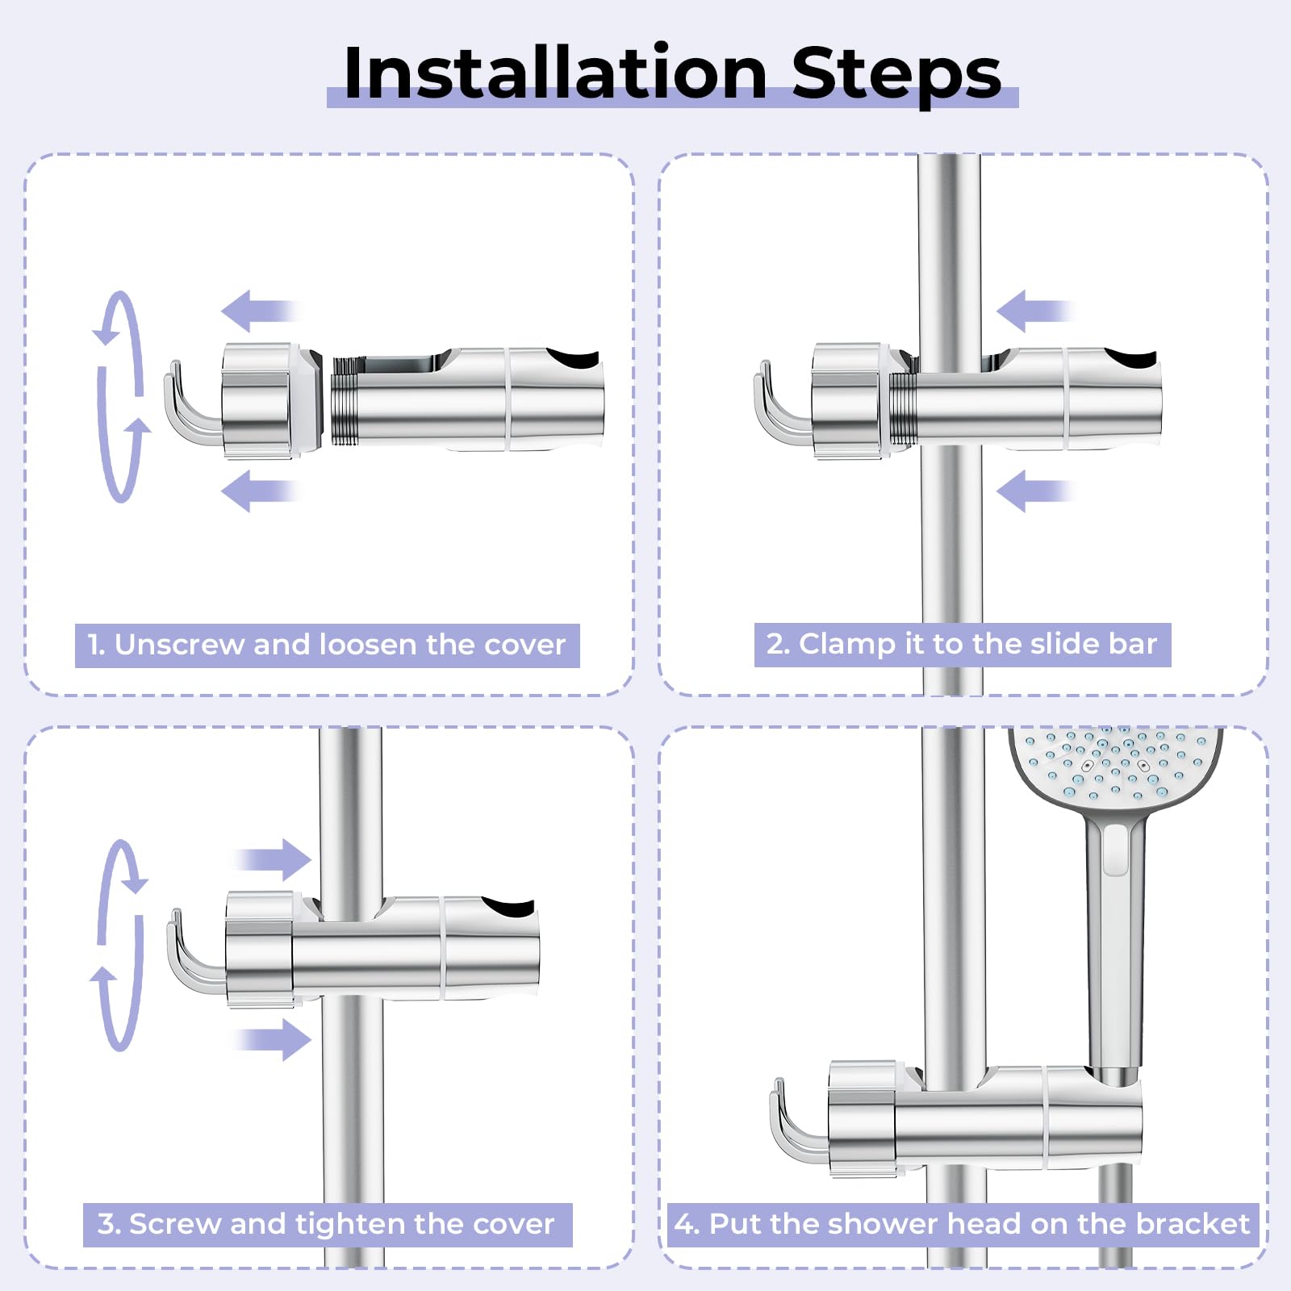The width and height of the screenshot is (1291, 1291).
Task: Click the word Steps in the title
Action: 896,75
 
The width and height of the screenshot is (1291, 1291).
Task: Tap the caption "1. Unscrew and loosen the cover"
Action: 327,645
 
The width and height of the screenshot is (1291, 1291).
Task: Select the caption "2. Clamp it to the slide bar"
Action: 962,644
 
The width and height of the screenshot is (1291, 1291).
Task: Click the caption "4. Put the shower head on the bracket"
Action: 962,1224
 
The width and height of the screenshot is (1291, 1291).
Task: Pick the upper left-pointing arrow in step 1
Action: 260,311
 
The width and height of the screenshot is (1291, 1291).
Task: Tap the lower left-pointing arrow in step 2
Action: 1035,491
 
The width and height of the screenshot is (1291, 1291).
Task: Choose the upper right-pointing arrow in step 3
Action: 273,859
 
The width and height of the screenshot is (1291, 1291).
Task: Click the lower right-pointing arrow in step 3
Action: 273,1039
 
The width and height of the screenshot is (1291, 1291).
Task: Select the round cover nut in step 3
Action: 260,950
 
